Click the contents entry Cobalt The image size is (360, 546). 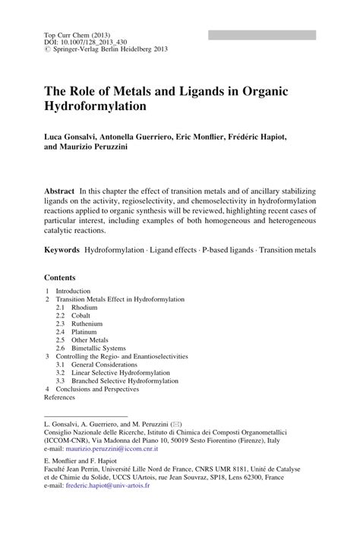[78, 317]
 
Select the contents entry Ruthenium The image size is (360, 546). [84, 325]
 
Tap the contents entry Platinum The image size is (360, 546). [81, 334]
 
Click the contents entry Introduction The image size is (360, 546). [72, 291]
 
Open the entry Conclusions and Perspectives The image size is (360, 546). [97, 388]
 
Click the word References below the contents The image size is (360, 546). [60, 396]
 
